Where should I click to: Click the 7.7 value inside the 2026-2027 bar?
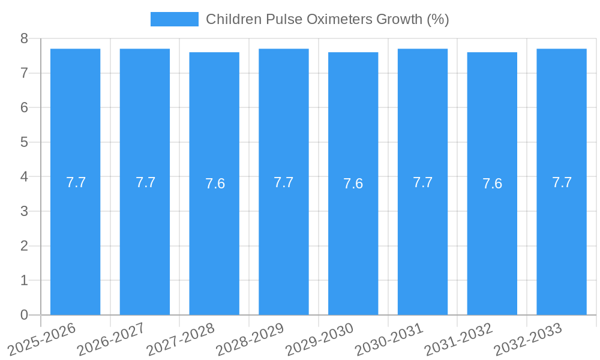pos(145,182)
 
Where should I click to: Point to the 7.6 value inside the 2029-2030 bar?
pos(353,184)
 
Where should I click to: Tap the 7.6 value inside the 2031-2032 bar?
pos(492,184)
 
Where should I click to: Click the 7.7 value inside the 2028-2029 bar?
pos(284,182)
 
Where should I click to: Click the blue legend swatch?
pos(174,19)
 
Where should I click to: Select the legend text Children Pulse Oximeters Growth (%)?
pos(327,19)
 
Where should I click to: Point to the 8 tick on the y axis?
pos(24,38)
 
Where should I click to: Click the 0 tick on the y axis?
pos(24,315)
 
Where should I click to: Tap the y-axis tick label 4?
pos(24,177)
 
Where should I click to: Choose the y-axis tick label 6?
pos(24,108)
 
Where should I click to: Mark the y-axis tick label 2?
pos(24,246)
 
